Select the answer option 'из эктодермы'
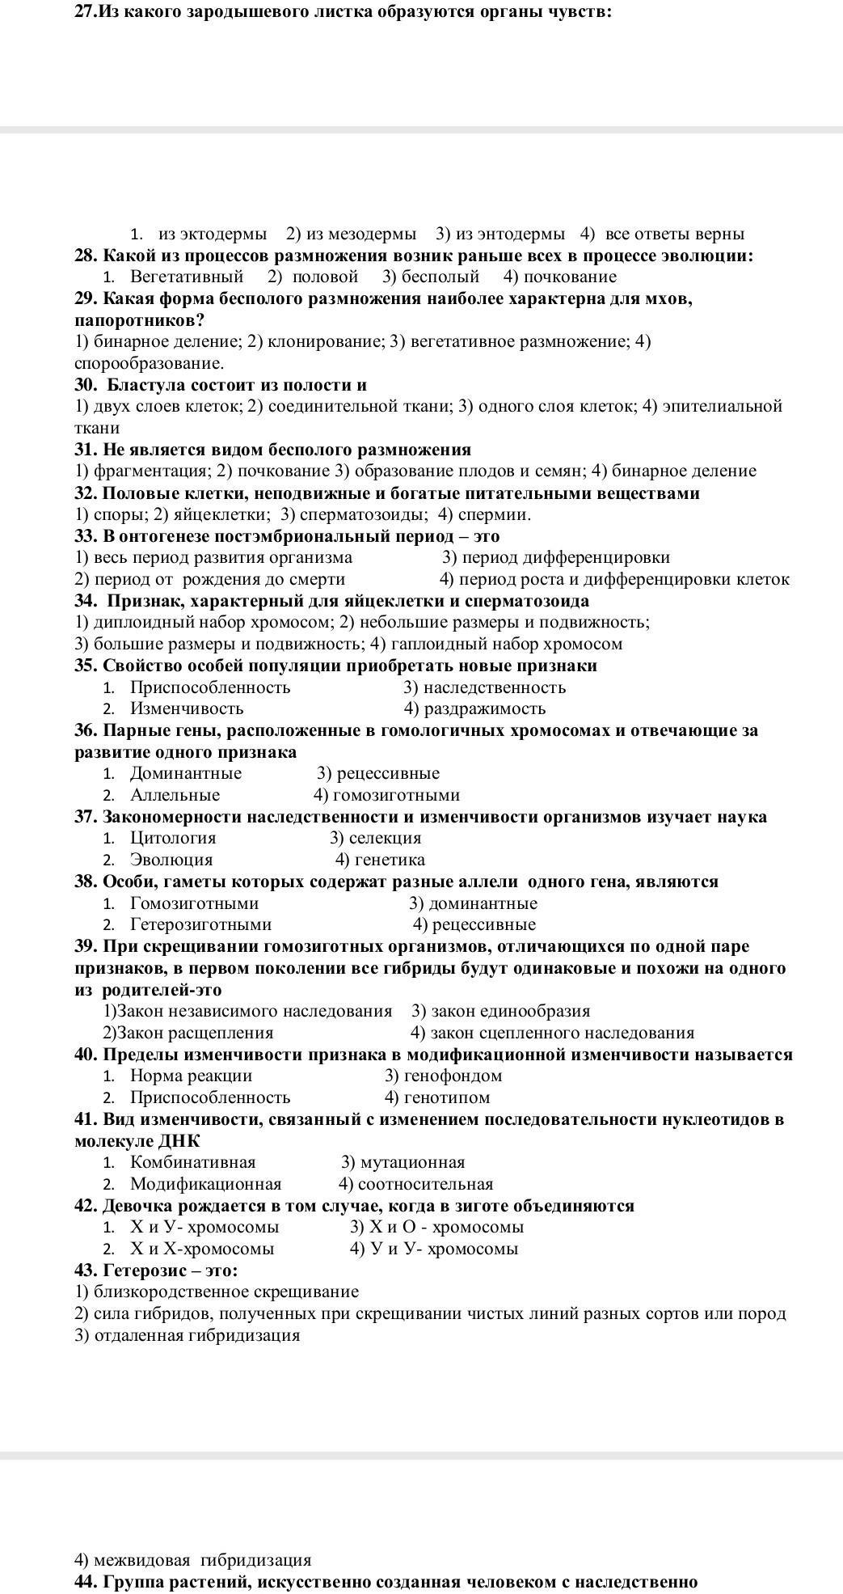click(x=212, y=235)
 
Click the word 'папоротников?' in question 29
click(x=140, y=320)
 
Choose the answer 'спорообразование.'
click(x=150, y=364)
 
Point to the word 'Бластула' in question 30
click(x=143, y=385)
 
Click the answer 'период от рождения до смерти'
click(x=219, y=580)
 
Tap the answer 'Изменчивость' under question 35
click(x=187, y=709)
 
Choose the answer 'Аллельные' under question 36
click(x=175, y=796)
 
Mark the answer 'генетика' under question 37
click(x=390, y=860)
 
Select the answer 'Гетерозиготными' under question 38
click(x=200, y=925)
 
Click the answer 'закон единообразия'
click(x=510, y=1012)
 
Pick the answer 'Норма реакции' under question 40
click(x=191, y=1076)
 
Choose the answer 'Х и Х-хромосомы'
click(x=202, y=1249)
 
